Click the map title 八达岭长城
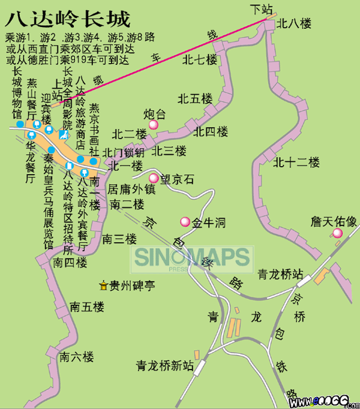pos(67,19)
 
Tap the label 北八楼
pos(294,23)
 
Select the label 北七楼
pos(200,59)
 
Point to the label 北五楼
pos(195,98)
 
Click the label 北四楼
pos(211,131)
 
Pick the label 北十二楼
pos(296,162)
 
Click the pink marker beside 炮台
pos(154,125)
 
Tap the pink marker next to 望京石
pos(154,178)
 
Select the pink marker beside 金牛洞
pos(185,222)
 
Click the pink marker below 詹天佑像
pos(337,233)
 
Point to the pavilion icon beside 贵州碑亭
pos(104,285)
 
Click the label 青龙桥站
pos(278,274)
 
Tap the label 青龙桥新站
pos(164,365)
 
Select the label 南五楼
pos(87,306)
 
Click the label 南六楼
pos(77,357)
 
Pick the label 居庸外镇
pos(131,189)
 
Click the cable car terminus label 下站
pos(262,9)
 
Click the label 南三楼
pos(119,239)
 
